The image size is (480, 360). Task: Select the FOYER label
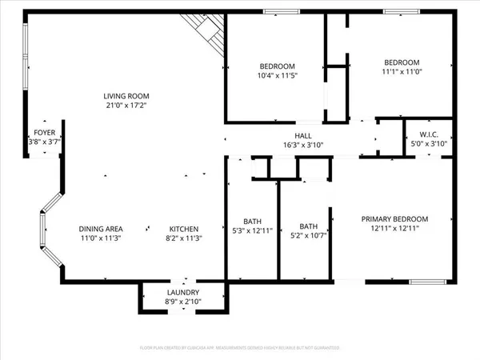coord(44,133)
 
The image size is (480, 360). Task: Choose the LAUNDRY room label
coord(183,293)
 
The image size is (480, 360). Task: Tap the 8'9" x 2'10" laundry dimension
coord(183,302)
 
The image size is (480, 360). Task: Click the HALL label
coord(303,135)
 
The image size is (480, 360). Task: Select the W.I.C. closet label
coord(418,134)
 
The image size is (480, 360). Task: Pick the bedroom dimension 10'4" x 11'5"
coord(277,76)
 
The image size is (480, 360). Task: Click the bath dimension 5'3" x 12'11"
coord(253,232)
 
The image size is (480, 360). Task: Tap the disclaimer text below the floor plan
coord(240,348)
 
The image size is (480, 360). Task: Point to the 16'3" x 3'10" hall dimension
coord(303,146)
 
